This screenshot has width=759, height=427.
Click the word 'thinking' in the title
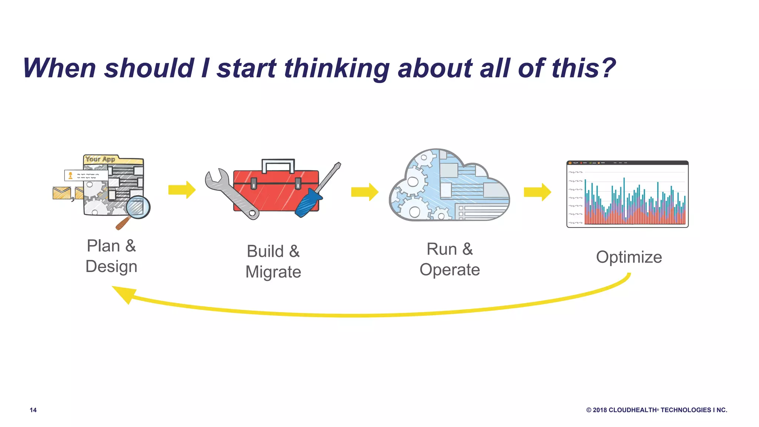pyautogui.click(x=337, y=69)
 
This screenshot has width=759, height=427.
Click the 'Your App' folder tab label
pyautogui.click(x=100, y=159)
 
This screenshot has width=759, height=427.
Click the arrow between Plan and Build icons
pyautogui.click(x=182, y=190)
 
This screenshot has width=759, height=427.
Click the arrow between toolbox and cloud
pyautogui.click(x=365, y=192)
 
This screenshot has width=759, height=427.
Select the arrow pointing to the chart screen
pyautogui.click(x=537, y=192)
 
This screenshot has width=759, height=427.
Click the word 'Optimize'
pyautogui.click(x=629, y=257)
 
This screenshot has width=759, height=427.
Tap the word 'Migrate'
pyautogui.click(x=273, y=272)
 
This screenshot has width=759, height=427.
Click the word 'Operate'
pyautogui.click(x=450, y=270)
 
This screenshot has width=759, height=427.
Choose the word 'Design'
pyautogui.click(x=111, y=267)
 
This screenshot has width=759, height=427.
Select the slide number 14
pyautogui.click(x=33, y=410)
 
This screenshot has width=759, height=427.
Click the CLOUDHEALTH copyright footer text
pyautogui.click(x=656, y=410)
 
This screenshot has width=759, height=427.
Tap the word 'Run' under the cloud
pyautogui.click(x=441, y=249)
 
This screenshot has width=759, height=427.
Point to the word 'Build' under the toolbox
pyautogui.click(x=265, y=251)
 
